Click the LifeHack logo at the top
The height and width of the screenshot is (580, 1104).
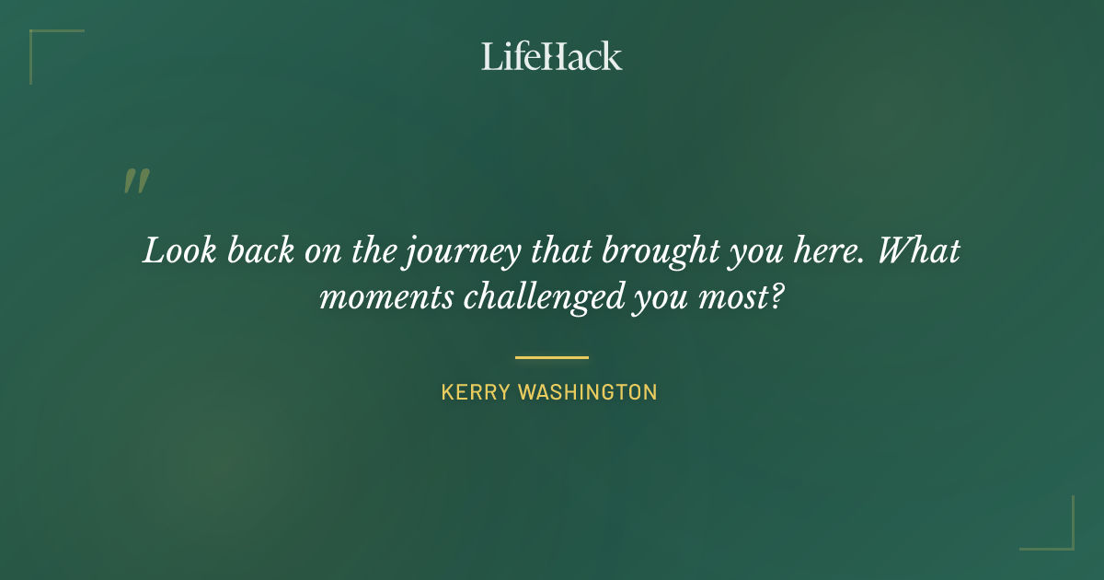coord(551,56)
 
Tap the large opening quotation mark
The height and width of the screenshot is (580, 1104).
coord(135,181)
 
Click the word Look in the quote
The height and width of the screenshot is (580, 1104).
coord(172,251)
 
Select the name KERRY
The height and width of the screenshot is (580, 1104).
coord(476,392)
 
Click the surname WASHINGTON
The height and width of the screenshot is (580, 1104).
coord(588,392)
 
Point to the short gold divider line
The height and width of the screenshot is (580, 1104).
coord(551,357)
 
